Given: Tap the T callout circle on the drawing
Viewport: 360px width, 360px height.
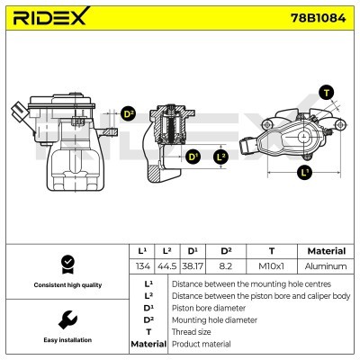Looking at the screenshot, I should (x=325, y=93).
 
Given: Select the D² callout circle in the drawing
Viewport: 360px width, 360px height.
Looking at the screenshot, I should (x=128, y=114).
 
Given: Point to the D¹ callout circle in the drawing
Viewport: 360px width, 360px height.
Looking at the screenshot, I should (x=192, y=157).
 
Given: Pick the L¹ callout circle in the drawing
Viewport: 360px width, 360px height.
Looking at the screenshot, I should (x=304, y=172).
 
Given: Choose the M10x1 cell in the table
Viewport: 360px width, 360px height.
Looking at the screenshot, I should (x=272, y=266).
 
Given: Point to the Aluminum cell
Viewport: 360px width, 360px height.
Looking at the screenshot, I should (x=326, y=266).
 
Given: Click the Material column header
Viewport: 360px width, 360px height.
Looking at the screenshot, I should (x=326, y=251).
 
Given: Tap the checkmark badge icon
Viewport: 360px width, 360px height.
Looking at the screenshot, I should (x=66, y=263).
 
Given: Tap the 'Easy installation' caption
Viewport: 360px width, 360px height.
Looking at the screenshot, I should (x=66, y=340).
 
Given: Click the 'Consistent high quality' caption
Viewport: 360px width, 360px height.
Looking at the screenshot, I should (x=66, y=284).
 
